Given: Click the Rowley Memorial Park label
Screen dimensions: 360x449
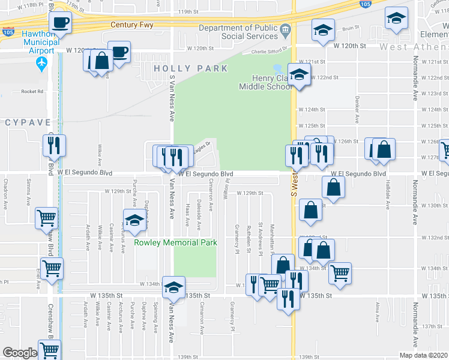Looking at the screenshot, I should coord(175,242).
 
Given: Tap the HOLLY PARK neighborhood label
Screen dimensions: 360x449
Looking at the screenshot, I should coord(191,68).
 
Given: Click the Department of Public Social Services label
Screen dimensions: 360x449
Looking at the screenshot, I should coord(238,32).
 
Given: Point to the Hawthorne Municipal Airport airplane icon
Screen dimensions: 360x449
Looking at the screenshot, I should coord(42,62).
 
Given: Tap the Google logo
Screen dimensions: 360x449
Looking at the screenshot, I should coord(20,352).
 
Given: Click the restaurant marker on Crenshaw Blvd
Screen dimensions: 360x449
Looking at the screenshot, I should coord(54,145).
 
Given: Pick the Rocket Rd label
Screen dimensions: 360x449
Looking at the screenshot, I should coord(32,92).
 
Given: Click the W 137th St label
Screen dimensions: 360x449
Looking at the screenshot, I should coord(433,326).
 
